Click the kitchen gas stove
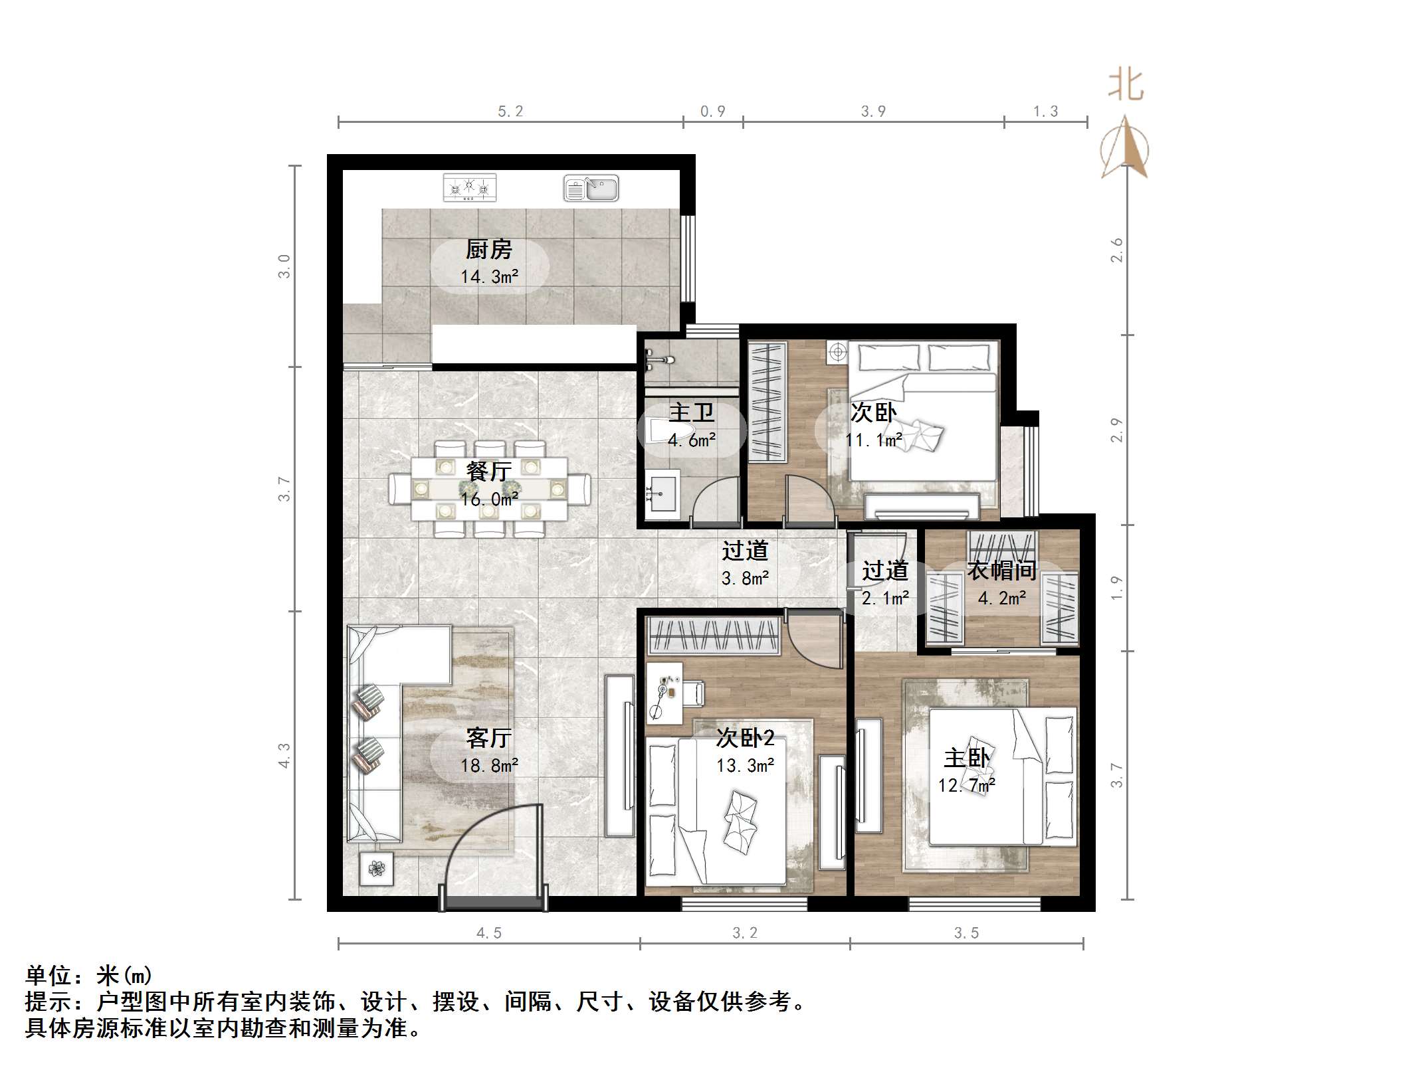[469, 188]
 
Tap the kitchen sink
[591, 188]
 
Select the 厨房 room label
[489, 250]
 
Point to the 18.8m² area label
[490, 766]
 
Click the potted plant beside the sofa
[377, 868]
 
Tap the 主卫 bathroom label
[691, 412]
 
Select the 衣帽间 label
[1001, 570]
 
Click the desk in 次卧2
[664, 693]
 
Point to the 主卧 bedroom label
[967, 758]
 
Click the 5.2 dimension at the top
[510, 112]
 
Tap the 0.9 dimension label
[712, 112]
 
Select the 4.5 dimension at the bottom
[489, 933]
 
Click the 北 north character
[1125, 86]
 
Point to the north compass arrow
[1125, 147]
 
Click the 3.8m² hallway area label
[745, 578]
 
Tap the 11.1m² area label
[873, 440]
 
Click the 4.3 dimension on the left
[284, 755]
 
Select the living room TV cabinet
[619, 756]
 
